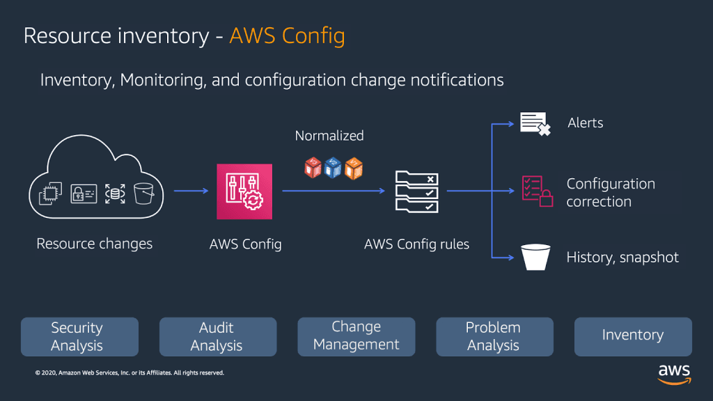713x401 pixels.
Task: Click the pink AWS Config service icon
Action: [x=244, y=191]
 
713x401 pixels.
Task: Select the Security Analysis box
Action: [x=79, y=337]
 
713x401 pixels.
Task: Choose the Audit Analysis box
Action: [x=218, y=337]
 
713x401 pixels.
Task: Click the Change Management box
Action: [x=356, y=336]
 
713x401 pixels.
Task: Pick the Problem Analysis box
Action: [x=494, y=337]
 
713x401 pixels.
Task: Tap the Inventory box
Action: [x=633, y=336]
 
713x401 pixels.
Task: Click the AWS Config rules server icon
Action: [x=416, y=191]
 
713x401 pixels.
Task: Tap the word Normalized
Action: [x=329, y=136]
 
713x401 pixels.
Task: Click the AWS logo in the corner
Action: [x=674, y=372]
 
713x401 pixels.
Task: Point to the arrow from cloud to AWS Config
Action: [x=191, y=190]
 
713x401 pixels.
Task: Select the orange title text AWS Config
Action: [x=287, y=36]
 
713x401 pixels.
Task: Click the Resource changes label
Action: [x=94, y=244]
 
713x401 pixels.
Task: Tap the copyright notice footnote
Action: [x=130, y=373]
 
